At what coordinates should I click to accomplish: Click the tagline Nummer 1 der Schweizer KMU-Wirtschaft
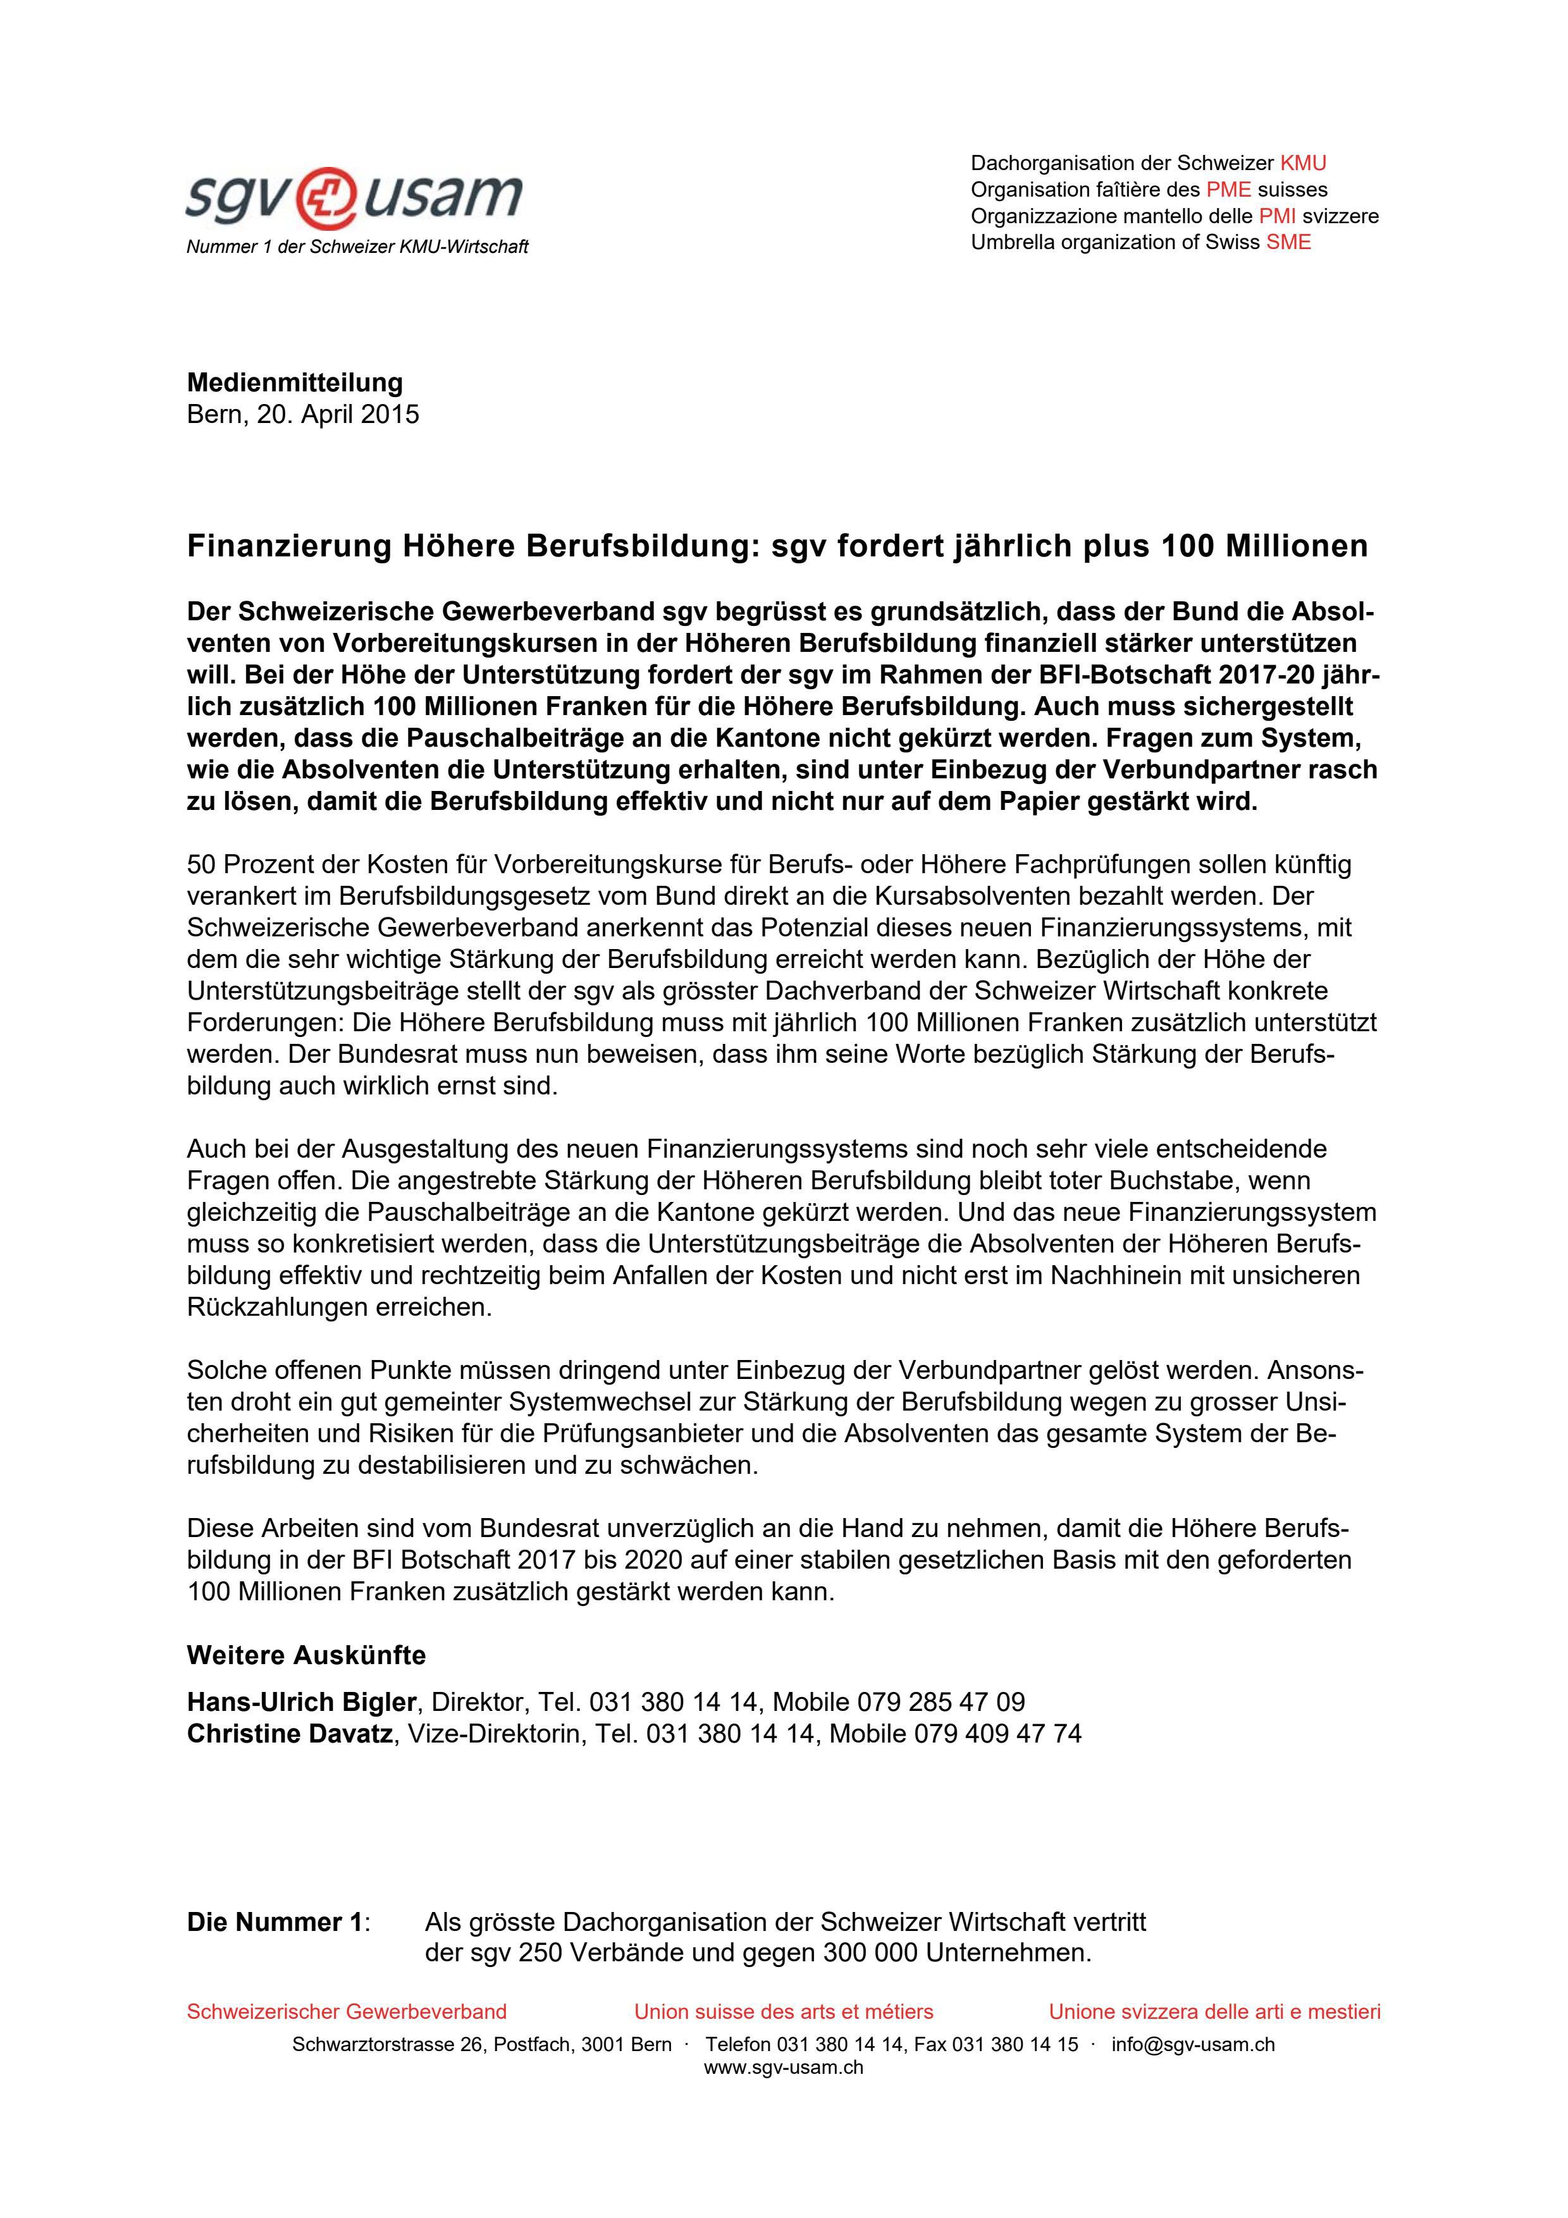tap(357, 247)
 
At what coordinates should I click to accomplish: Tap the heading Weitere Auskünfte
tap(306, 1655)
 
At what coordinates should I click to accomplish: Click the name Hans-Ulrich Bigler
tap(302, 1701)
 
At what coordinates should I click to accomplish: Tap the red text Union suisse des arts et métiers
tap(784, 2011)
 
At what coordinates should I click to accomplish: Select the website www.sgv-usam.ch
tap(784, 2068)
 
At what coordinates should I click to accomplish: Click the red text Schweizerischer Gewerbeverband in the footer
tap(346, 2011)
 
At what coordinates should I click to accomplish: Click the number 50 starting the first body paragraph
tap(201, 864)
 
